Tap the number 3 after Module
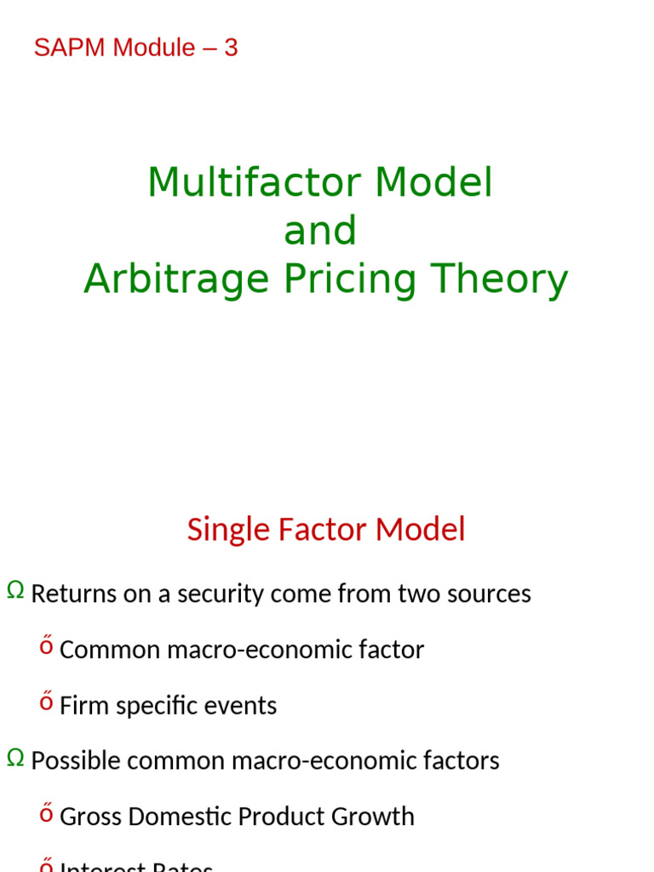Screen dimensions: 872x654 pos(231,48)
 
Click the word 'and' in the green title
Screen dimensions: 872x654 pos(320,231)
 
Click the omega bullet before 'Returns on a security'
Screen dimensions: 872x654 pos(15,590)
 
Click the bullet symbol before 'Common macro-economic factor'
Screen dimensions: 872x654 pos(47,647)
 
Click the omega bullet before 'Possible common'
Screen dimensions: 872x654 pos(15,757)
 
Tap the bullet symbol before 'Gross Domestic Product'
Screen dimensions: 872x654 pos(47,813)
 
